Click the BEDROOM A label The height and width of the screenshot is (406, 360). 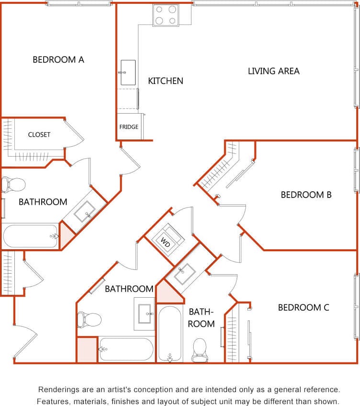point(58,60)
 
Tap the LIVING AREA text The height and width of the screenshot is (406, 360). point(274,71)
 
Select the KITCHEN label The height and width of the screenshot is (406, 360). point(165,81)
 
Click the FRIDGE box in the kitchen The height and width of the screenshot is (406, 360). point(129,127)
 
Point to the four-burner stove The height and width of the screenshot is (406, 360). point(165,15)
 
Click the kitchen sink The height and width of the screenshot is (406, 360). point(128,72)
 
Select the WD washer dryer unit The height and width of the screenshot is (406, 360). point(166,238)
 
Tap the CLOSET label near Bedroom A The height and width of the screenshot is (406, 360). point(39,135)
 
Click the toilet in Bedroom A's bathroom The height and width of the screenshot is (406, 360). point(13,184)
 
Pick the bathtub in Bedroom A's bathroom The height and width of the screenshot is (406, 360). point(30,236)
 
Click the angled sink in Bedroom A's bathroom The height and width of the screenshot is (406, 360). point(85,211)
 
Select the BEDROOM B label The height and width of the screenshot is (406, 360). point(306,195)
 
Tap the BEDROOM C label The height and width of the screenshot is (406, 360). point(303,308)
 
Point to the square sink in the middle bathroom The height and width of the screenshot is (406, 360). point(144,314)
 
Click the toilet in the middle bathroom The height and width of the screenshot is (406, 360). point(89,319)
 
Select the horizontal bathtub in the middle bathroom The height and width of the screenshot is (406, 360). point(126,349)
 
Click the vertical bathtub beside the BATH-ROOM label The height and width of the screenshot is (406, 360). point(170,334)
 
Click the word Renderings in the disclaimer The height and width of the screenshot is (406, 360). point(57,389)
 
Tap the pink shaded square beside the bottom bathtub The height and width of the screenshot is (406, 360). point(87,349)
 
